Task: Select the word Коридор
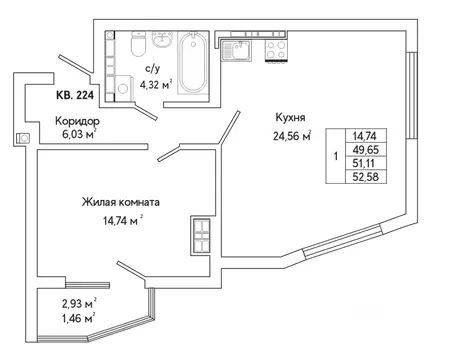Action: (77, 121)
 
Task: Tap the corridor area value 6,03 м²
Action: (77, 136)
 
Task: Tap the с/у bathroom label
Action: (153, 69)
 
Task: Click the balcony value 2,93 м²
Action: (76, 303)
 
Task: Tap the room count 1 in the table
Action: (335, 157)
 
